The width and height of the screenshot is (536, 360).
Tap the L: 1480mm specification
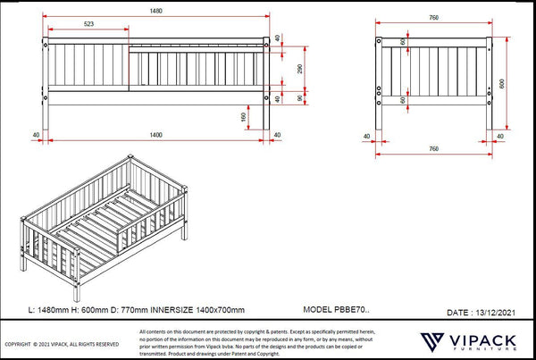coord(50,310)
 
